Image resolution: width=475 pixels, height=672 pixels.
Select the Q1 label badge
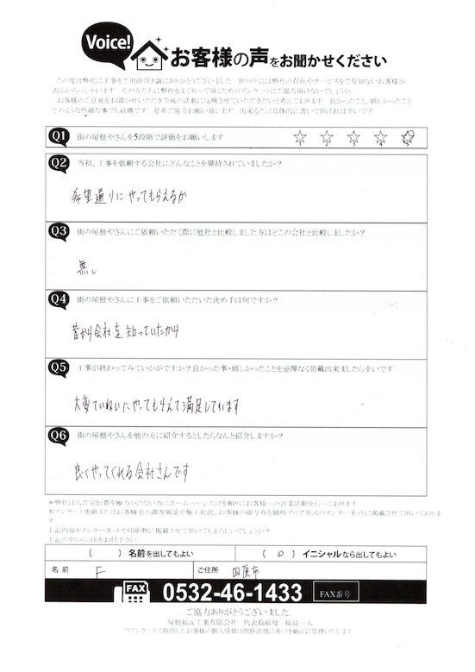[x=59, y=136]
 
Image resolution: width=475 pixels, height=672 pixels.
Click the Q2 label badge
[x=59, y=162]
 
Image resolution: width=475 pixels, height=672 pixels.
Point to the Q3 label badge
[x=59, y=230]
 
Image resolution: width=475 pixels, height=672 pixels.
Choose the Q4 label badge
[x=59, y=298]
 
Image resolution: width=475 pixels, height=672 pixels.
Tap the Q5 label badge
[x=59, y=367]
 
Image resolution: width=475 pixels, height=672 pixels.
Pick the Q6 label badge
[x=59, y=436]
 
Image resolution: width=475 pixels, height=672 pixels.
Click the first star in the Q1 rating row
[x=300, y=137]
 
